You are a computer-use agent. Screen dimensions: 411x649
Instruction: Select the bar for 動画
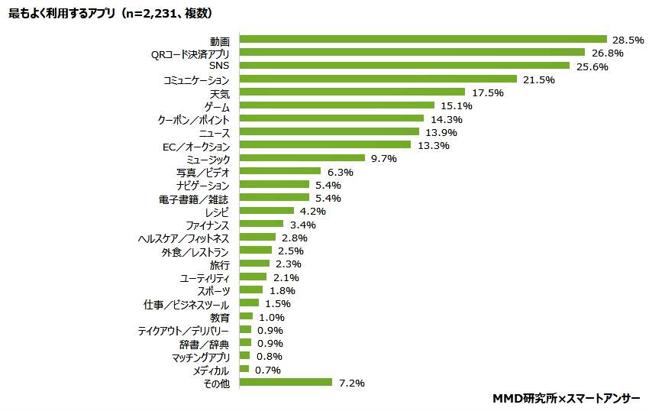[423, 40]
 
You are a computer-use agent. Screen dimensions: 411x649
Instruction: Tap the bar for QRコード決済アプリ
[412, 53]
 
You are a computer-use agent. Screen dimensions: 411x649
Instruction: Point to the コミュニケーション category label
[196, 79]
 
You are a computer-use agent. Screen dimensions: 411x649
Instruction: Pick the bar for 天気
[352, 92]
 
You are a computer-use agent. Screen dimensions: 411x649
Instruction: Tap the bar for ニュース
[329, 132]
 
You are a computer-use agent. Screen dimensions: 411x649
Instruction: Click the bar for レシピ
[266, 211]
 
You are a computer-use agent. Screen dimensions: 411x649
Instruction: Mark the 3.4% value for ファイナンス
[302, 225]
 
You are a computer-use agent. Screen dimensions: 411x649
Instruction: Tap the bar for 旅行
[254, 264]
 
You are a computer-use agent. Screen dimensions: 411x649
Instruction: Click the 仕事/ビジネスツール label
[187, 304]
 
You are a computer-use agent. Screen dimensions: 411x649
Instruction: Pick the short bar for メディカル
[244, 369]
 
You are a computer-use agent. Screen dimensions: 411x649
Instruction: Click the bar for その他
[286, 382]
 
